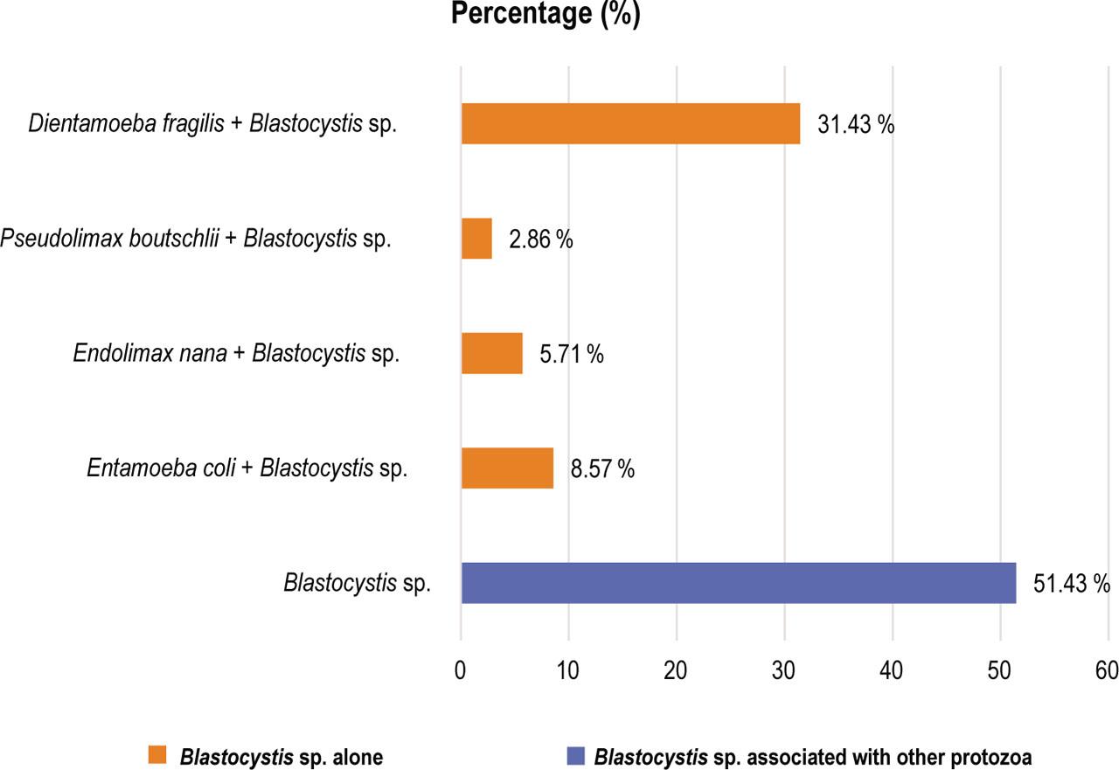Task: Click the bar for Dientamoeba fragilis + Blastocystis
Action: tap(630, 123)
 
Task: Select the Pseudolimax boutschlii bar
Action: tap(476, 239)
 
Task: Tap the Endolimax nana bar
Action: tap(491, 353)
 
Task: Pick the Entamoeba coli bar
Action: tap(507, 468)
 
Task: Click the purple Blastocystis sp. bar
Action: tap(738, 583)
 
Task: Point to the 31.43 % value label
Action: tap(856, 125)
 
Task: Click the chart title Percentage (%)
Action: tap(546, 15)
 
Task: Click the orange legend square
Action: tap(157, 755)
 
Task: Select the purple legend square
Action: tap(576, 755)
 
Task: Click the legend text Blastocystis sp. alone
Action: tap(281, 756)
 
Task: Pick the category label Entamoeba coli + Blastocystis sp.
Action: tap(247, 468)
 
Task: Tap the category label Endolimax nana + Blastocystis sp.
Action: tap(236, 354)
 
